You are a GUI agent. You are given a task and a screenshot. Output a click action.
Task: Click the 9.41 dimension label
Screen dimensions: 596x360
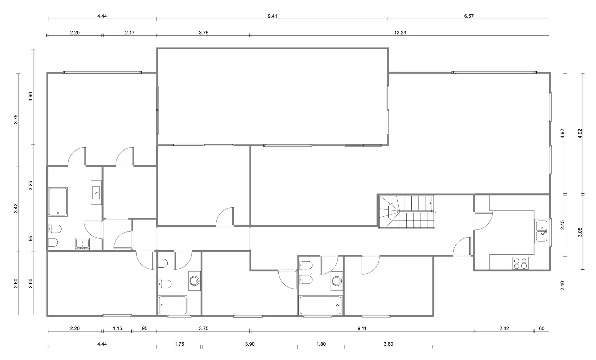click(272, 16)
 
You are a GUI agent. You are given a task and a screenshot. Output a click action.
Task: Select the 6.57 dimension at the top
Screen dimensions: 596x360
click(469, 16)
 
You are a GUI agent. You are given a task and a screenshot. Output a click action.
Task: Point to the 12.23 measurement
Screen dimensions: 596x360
click(400, 33)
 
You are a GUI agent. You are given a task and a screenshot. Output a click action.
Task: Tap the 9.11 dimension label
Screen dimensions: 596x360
click(362, 328)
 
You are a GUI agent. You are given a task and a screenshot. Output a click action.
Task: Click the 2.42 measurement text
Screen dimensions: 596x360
click(504, 328)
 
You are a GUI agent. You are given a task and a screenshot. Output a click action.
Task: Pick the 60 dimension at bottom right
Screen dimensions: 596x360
click(542, 328)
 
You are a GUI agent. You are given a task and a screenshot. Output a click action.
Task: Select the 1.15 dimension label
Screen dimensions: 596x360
click(117, 328)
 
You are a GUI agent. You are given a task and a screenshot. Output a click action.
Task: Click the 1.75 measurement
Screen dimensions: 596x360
click(179, 344)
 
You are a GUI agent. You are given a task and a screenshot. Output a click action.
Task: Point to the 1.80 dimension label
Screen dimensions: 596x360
click(321, 344)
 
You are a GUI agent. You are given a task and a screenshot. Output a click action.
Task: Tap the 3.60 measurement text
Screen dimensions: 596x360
click(388, 344)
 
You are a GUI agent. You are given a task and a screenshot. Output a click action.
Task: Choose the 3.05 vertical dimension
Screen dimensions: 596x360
click(580, 232)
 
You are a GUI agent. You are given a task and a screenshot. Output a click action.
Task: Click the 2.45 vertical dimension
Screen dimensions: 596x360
click(562, 225)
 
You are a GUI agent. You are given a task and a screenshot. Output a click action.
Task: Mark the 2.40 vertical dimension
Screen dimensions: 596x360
click(562, 286)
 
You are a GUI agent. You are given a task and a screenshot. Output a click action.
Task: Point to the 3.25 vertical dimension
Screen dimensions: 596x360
click(31, 185)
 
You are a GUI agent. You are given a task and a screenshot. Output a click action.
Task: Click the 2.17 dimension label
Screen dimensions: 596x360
click(130, 33)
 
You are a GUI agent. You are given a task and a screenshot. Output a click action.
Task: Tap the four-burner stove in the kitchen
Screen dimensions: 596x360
click(520, 263)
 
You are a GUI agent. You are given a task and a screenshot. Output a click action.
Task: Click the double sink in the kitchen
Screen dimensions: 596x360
click(542, 231)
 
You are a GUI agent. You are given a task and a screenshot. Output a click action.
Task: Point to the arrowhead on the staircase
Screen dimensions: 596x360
click(431, 203)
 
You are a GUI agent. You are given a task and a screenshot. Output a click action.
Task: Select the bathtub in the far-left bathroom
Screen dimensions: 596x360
click(58, 202)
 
